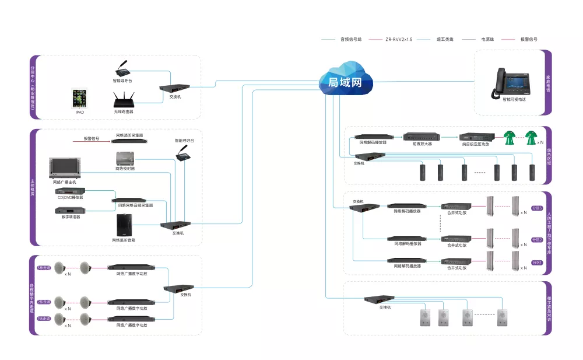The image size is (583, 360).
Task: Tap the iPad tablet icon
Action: pos(79,97)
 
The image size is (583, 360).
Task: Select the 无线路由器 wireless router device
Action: pos(123,99)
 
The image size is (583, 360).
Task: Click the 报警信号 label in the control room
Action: pos(92,139)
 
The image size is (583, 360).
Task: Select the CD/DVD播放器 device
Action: pos(70,191)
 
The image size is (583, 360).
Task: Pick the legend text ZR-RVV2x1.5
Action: pos(399,39)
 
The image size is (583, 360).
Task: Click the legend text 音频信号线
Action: pos(351,39)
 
